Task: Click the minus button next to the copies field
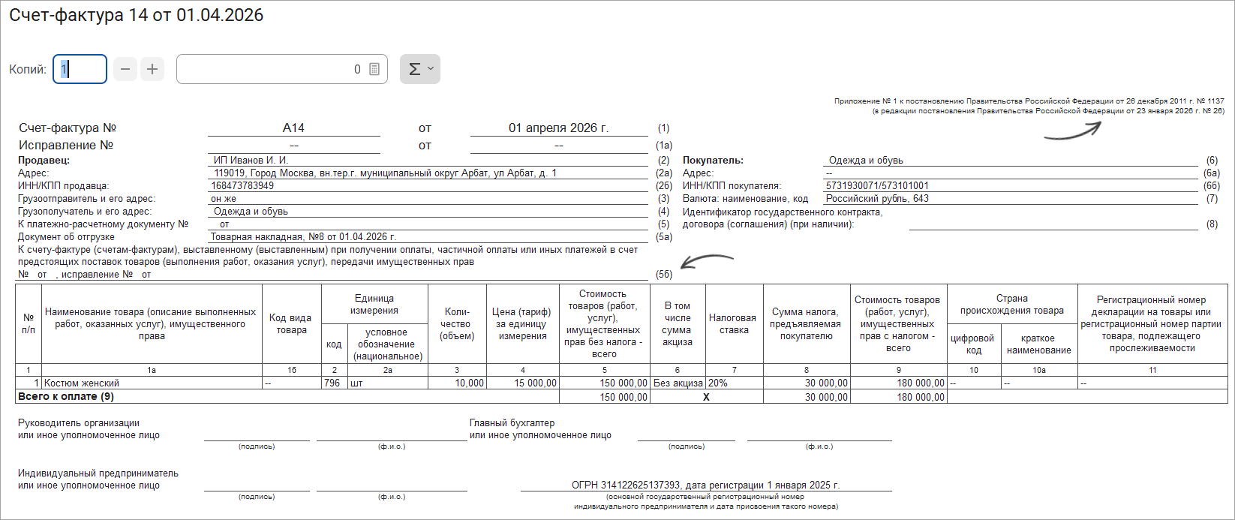125,69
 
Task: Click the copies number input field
80,69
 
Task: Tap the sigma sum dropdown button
419,69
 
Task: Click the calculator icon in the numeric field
374,69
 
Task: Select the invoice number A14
293,128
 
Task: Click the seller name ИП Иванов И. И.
251,161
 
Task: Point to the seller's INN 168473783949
242,185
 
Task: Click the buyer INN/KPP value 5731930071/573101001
877,186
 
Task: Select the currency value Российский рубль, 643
877,199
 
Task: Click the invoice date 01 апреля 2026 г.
558,128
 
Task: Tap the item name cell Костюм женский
82,383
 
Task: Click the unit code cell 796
332,383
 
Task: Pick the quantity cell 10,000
469,383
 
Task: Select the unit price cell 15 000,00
535,383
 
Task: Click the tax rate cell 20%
718,383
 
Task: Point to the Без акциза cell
678,383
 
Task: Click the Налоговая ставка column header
733,323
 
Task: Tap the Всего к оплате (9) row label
66,396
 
